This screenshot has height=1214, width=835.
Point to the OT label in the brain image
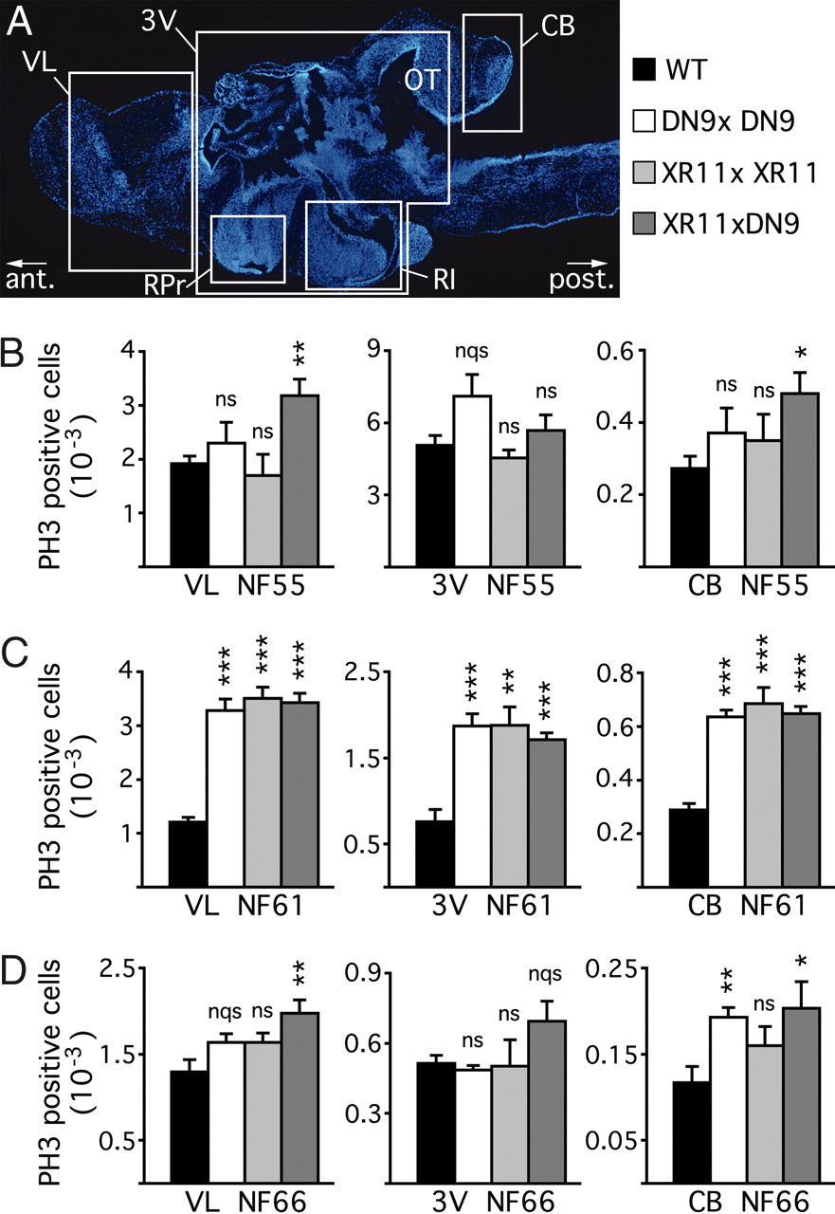(419, 80)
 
